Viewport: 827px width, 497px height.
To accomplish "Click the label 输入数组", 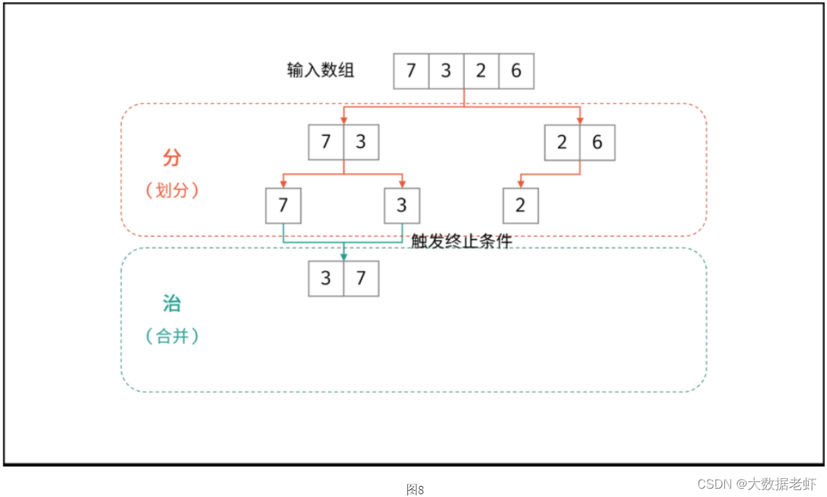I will click(321, 70).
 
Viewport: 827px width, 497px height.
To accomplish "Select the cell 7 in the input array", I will click(411, 71).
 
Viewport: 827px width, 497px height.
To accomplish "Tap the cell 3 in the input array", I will click(446, 71).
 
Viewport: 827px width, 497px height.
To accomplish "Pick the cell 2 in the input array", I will click(481, 71).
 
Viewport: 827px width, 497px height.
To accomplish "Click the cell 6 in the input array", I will click(516, 71).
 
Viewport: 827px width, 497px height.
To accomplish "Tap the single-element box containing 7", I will click(283, 205).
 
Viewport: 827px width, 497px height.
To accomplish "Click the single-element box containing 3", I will click(402, 205).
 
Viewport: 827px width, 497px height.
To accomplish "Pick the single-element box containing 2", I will click(520, 205).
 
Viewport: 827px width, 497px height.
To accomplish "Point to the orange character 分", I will click(171, 158).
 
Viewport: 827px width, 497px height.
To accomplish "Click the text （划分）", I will click(172, 191).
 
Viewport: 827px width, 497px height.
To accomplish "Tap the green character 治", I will click(171, 304).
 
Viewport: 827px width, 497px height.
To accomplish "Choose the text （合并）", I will click(172, 336).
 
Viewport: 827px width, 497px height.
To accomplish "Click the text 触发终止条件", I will click(461, 241).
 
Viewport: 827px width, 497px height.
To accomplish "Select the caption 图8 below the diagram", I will click(415, 489).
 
